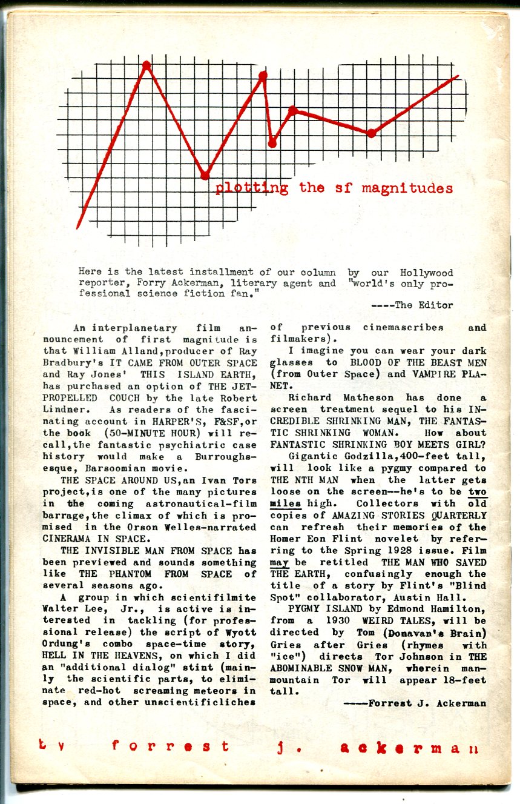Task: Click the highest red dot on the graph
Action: (x=146, y=65)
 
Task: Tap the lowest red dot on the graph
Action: (x=205, y=176)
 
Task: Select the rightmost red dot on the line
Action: (x=372, y=133)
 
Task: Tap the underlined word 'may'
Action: (x=279, y=562)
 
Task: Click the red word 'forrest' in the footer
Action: (x=171, y=746)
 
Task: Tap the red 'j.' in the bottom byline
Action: (x=283, y=747)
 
